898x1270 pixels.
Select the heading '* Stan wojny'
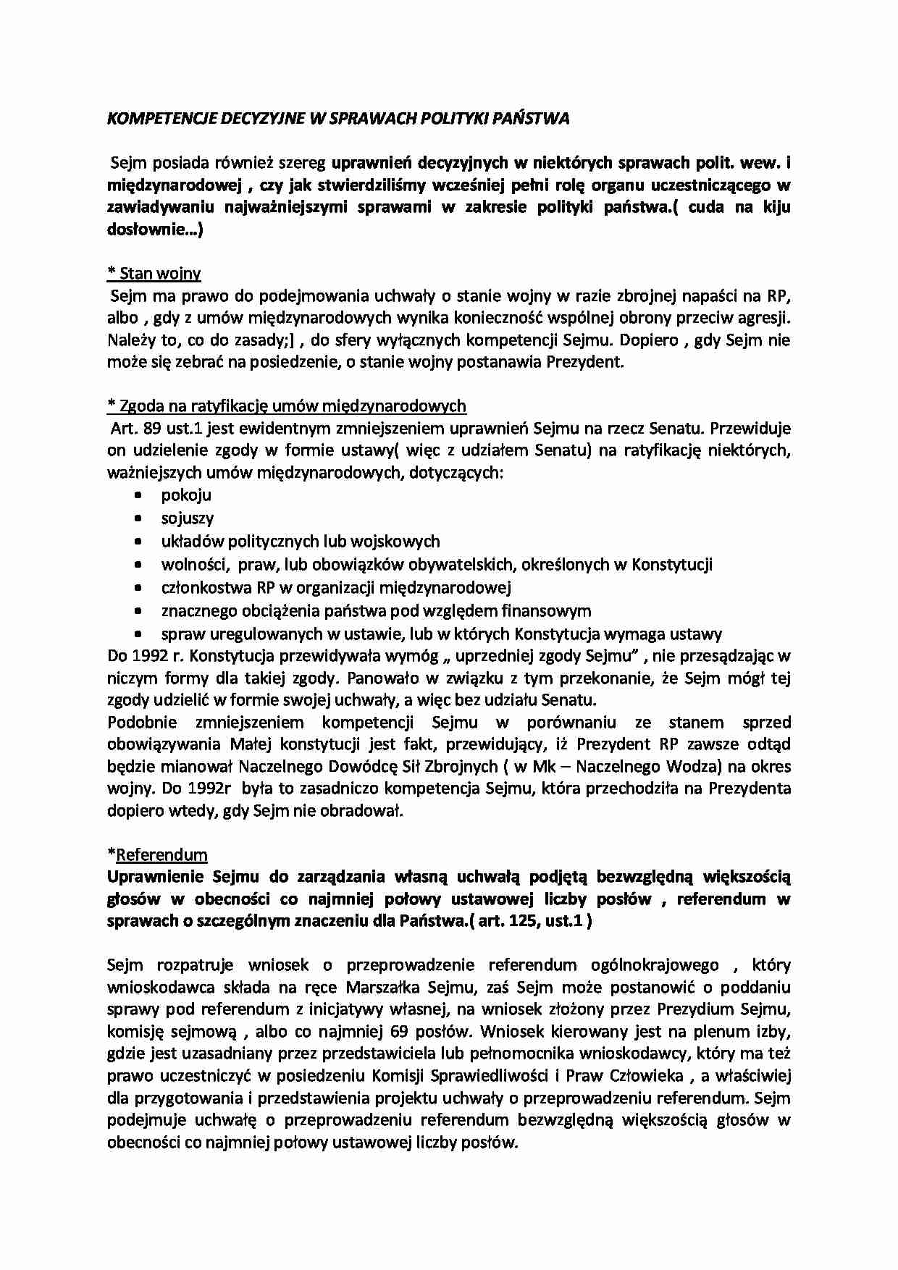click(x=154, y=273)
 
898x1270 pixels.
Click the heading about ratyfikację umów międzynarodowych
click(x=286, y=405)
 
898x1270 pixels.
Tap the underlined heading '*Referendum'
click(x=157, y=854)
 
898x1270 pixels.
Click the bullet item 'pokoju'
click(x=186, y=495)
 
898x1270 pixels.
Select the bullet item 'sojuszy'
click(x=188, y=518)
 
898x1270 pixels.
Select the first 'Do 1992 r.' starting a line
click(x=140, y=657)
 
